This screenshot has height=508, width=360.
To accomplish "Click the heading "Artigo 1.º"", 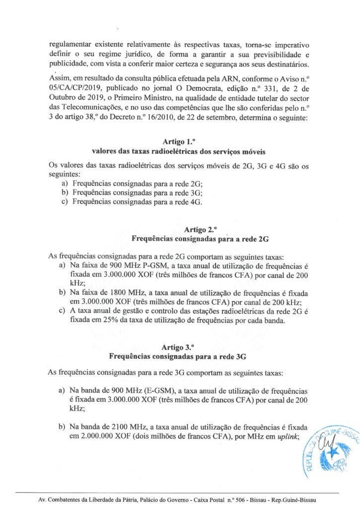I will click(x=180, y=141).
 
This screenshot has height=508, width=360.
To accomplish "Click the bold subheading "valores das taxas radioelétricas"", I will click(x=144, y=151).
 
